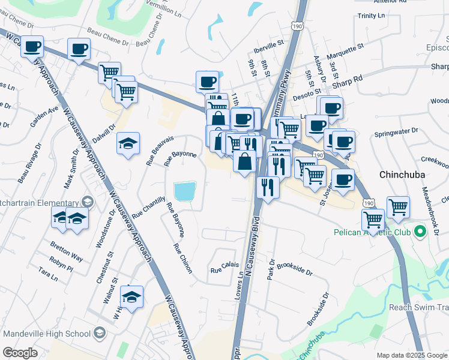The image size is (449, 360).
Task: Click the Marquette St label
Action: (345, 46)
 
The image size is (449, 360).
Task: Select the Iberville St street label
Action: (268, 44)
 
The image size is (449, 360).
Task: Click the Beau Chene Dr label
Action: (108, 35)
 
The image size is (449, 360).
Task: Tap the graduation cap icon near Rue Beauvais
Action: (128, 144)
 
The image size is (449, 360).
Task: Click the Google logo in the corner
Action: (20, 353)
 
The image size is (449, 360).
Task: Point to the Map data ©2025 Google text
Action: (411, 355)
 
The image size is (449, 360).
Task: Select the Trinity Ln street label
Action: (370, 16)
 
